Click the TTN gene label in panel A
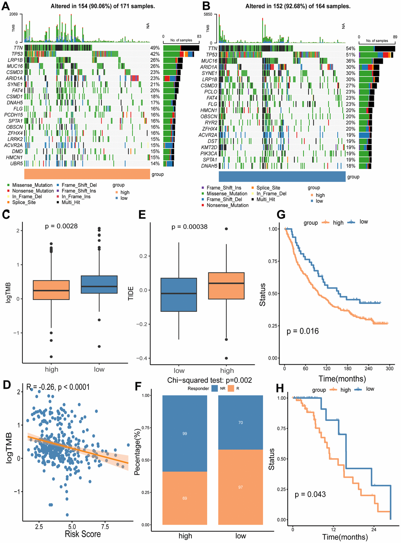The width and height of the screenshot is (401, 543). (18, 48)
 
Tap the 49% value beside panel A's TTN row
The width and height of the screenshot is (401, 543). (155, 48)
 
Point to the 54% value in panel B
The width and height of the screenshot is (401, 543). (350, 49)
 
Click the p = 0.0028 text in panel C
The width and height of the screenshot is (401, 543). (61, 226)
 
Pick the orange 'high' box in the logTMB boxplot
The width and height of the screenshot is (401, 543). (51, 290)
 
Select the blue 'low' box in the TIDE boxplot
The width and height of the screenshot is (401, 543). (179, 294)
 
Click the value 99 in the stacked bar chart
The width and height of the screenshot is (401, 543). (185, 433)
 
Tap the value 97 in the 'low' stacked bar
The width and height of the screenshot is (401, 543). (241, 487)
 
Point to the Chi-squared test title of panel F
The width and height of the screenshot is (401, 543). (210, 380)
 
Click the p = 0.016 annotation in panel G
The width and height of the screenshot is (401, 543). (303, 331)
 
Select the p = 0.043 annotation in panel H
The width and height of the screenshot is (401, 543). (310, 494)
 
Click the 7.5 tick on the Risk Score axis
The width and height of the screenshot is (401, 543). (105, 527)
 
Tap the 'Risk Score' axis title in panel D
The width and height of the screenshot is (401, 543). (83, 534)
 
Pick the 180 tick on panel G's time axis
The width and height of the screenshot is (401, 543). (348, 369)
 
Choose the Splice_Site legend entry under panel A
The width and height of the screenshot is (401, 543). (24, 202)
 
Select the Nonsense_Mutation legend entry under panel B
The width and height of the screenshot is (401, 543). (228, 205)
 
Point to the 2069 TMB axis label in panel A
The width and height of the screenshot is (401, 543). (13, 15)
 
